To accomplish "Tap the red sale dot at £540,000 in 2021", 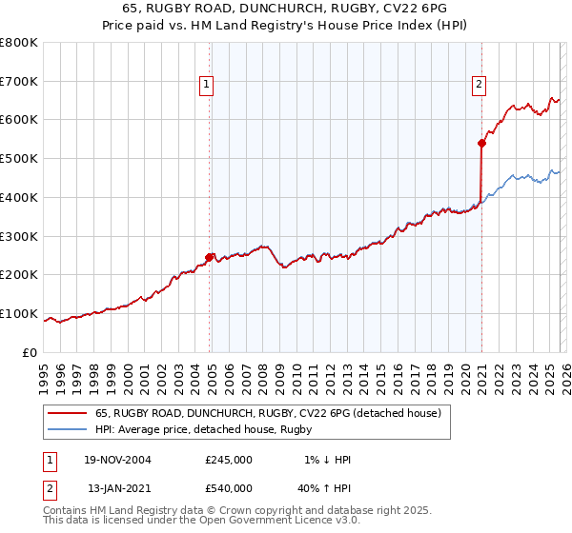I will (481, 144).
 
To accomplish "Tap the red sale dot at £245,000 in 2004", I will (210, 257).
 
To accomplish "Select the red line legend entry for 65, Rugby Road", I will (267, 414).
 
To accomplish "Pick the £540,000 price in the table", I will (228, 487).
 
